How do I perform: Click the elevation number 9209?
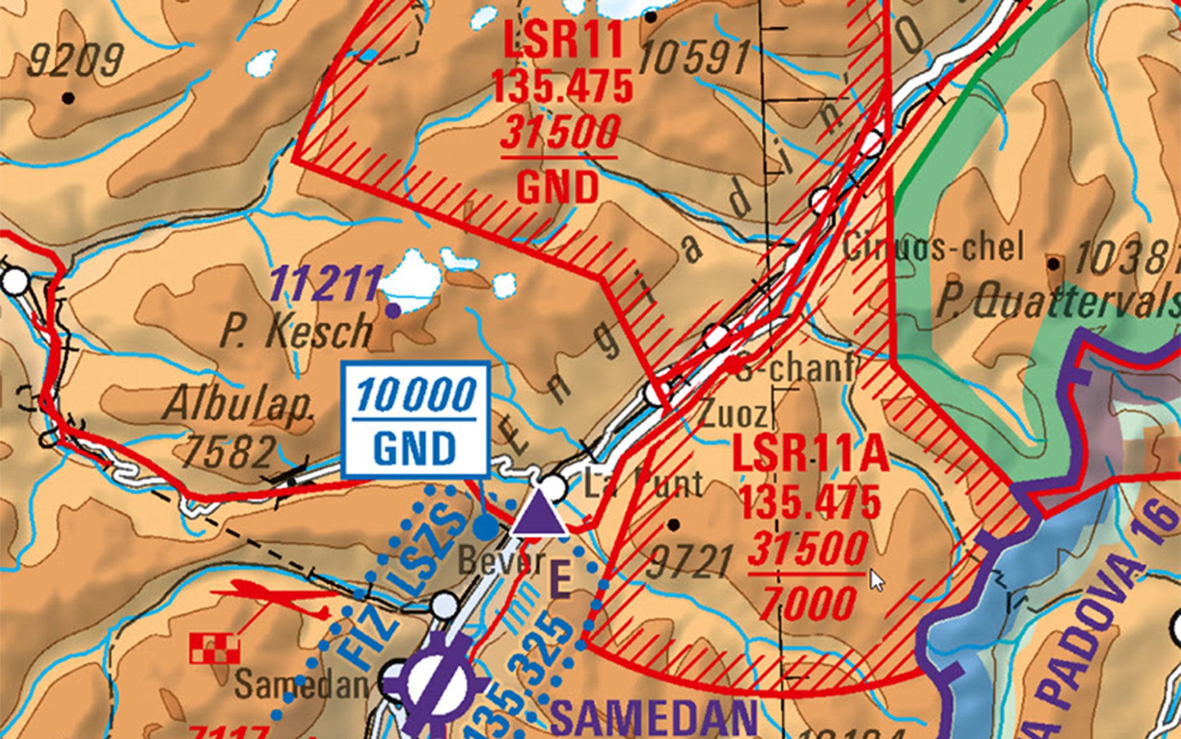pyautogui.click(x=76, y=61)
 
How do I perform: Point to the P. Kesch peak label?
pyautogui.click(x=296, y=331)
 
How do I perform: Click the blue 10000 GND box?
pyautogui.click(x=416, y=420)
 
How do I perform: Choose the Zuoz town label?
pyautogui.click(x=733, y=415)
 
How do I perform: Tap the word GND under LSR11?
pyautogui.click(x=558, y=187)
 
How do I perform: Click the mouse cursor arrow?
pyautogui.click(x=877, y=580)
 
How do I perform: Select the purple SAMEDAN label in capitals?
pyautogui.click(x=654, y=717)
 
